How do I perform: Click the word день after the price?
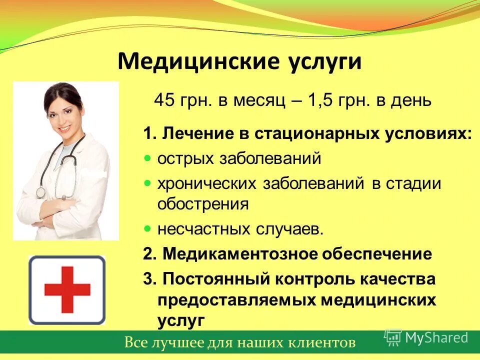point(412,100)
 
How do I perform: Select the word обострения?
point(203,204)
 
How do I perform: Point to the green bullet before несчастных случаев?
point(147,228)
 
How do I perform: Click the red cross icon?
point(67,289)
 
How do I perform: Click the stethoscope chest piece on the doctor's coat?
point(40,192)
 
